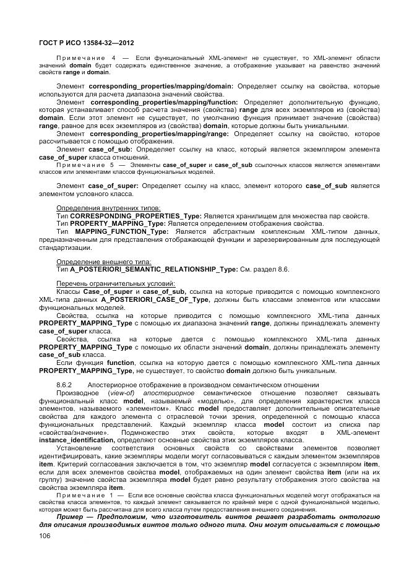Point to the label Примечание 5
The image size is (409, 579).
tap(85, 165)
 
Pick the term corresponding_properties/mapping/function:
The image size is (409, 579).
tap(164, 101)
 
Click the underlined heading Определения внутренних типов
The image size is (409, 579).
tap(108, 207)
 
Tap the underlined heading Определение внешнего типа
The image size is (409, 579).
tap(103, 262)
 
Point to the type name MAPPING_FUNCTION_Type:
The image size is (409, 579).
tap(121, 231)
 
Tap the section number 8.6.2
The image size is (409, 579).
tap(64, 385)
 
